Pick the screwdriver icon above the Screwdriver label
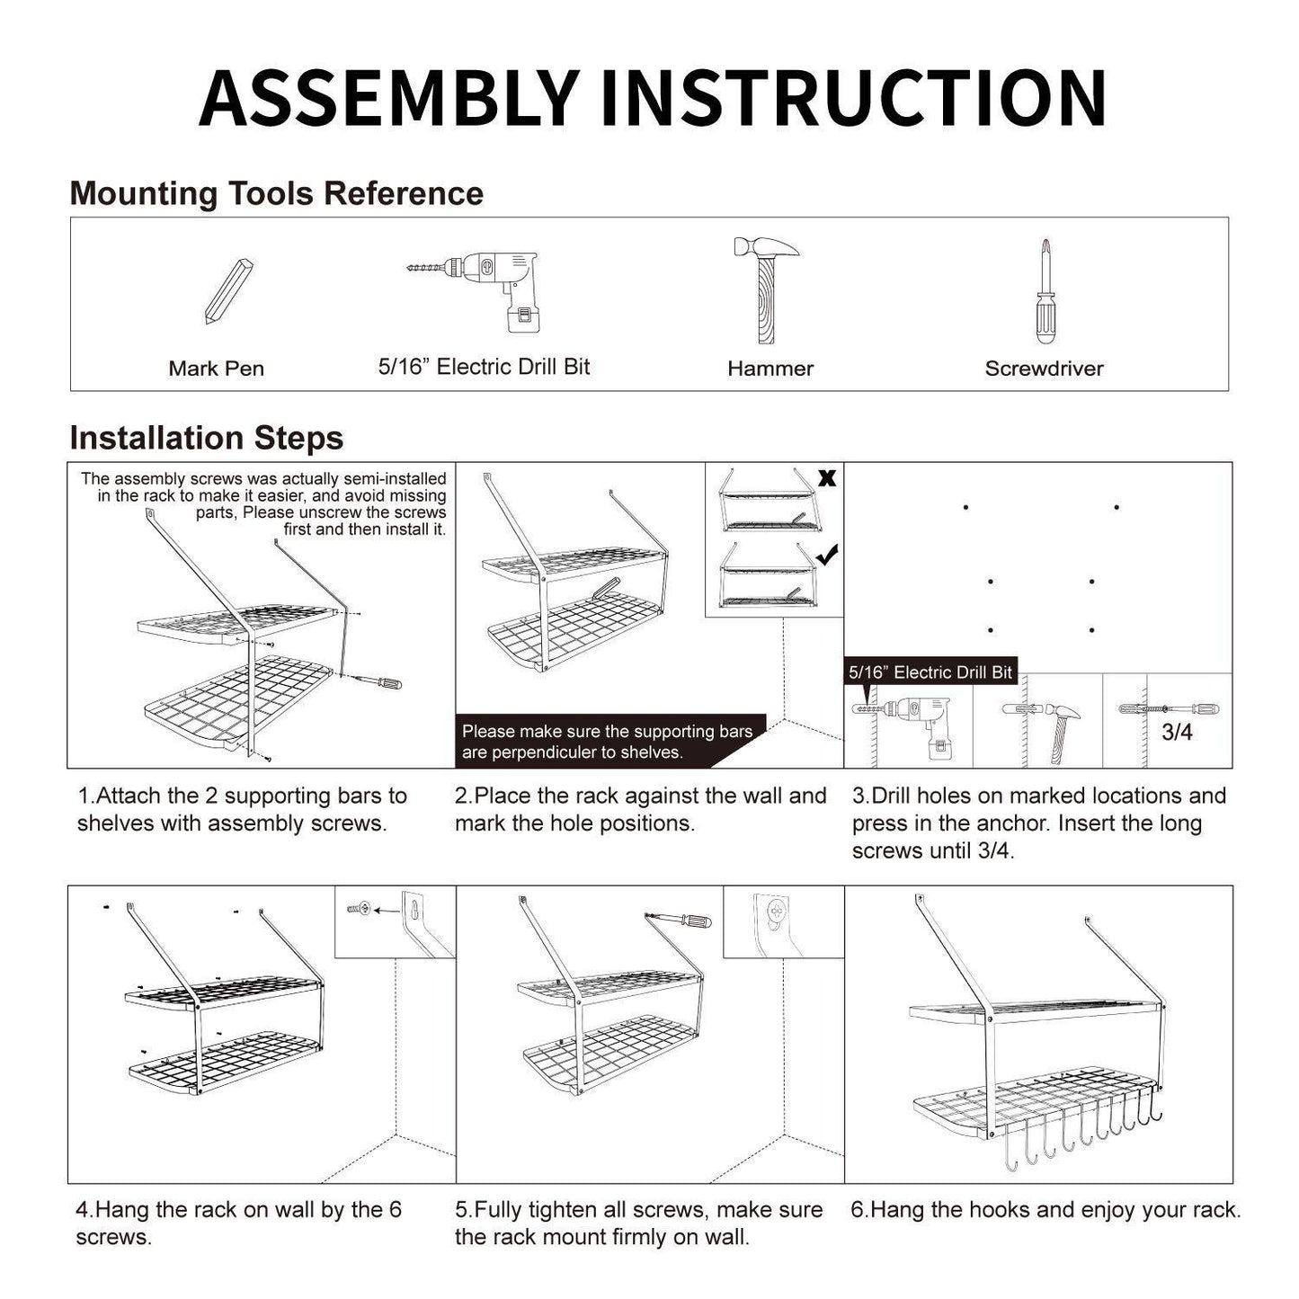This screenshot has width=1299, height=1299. point(1044,291)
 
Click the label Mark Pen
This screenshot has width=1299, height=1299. point(216,369)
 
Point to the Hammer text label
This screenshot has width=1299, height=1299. point(770,369)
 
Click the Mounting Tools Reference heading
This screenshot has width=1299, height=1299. point(277,194)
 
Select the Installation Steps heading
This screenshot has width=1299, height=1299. point(207,439)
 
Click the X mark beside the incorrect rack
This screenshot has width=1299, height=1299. point(827,478)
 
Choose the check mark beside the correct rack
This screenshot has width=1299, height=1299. point(827,556)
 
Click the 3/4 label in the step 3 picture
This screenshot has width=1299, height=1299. point(1177,733)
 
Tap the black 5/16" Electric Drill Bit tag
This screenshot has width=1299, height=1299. point(930,672)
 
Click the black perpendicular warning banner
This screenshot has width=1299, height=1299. point(607,742)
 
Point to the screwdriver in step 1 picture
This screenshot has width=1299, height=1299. point(378,682)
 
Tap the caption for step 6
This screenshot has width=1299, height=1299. point(1045,1210)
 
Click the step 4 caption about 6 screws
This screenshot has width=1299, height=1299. point(238,1223)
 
